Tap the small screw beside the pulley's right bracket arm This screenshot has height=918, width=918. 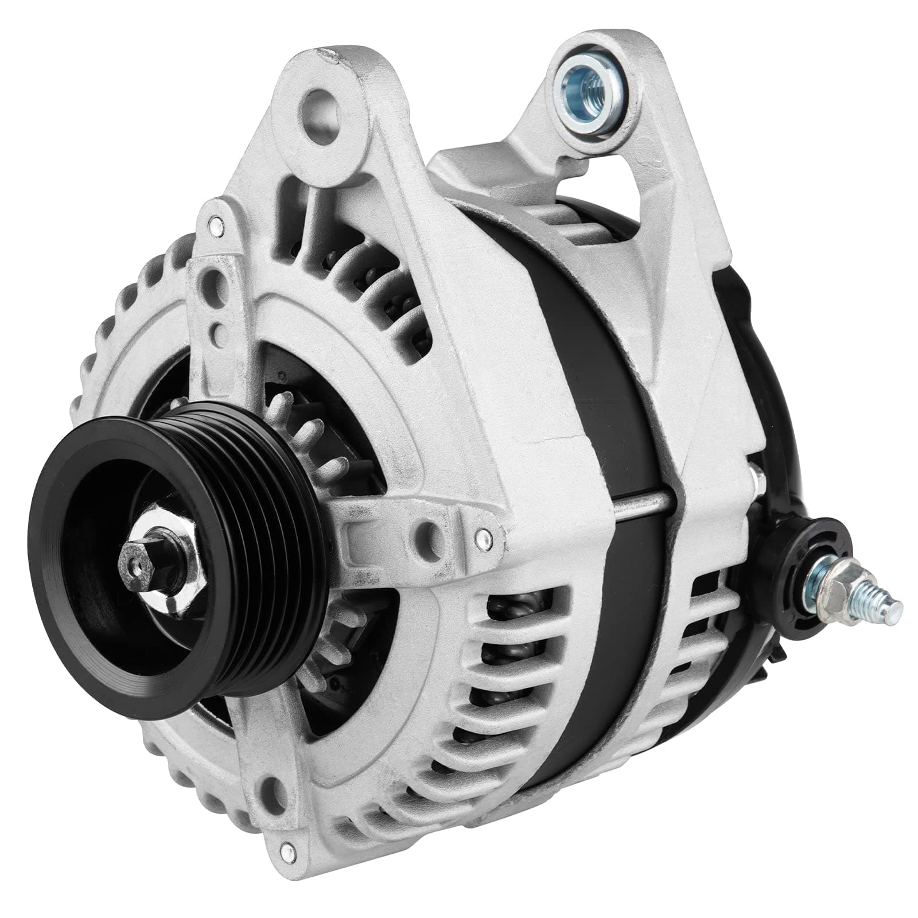tap(483, 538)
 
